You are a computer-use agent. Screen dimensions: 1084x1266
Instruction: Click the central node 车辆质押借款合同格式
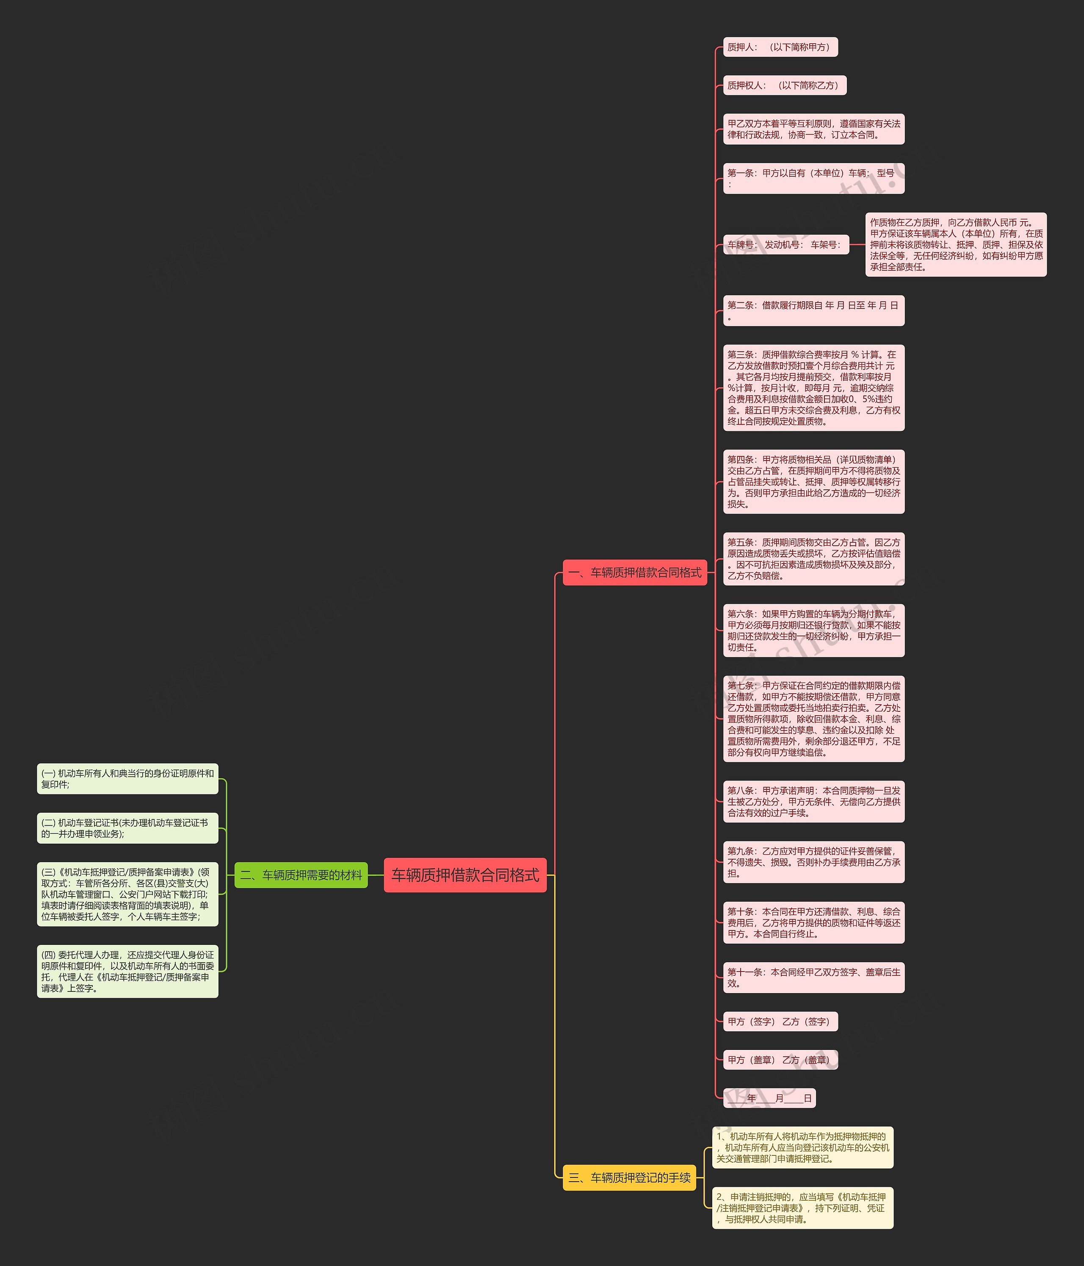(465, 875)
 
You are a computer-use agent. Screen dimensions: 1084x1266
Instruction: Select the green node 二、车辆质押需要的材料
(301, 875)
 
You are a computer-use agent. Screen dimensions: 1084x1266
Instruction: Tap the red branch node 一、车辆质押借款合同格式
(635, 572)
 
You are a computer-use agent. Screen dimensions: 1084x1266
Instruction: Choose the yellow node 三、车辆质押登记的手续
(629, 1177)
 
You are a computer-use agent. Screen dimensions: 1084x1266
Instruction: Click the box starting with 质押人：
(780, 47)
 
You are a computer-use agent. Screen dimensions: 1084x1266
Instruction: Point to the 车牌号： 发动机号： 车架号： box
(785, 244)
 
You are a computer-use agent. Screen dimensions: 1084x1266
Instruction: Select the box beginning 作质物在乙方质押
(956, 244)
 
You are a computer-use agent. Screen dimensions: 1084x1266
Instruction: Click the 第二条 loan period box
(813, 311)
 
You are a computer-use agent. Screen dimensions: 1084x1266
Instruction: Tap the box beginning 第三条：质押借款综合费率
(813, 387)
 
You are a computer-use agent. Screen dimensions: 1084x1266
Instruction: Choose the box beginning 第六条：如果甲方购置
(813, 630)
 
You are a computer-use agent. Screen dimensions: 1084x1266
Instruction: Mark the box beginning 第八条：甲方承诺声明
(813, 801)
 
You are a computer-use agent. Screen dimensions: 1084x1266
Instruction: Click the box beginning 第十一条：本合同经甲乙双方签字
(813, 977)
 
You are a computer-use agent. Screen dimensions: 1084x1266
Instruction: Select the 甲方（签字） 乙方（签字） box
(780, 1022)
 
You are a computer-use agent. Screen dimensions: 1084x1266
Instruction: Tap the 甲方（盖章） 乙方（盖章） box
(780, 1060)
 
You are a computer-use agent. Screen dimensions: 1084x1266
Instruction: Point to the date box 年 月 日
(769, 1098)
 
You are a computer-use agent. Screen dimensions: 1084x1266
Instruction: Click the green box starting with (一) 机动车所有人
(127, 778)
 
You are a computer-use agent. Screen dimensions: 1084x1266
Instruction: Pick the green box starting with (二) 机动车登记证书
(127, 828)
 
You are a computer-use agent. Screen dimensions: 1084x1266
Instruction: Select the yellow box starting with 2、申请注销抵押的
(802, 1208)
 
